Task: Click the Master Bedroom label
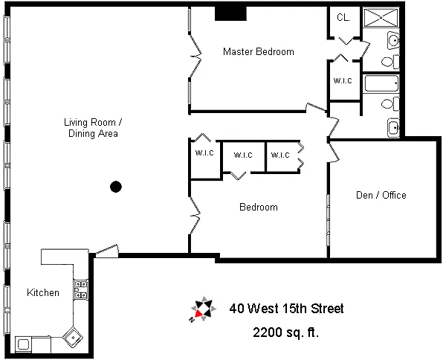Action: pos(258,52)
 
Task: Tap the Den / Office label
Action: pos(381,196)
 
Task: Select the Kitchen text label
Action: pos(43,292)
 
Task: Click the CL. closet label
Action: pos(343,18)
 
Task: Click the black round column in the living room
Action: pos(115,187)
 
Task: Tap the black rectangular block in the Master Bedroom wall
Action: pos(230,14)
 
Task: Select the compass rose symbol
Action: pos(203,309)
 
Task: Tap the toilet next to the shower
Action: pos(388,60)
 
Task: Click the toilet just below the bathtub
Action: pos(387,103)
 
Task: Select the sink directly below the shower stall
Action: pos(392,39)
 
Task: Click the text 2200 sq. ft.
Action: pos(286,332)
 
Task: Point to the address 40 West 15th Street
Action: pos(286,308)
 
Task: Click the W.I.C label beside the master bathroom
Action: pos(343,80)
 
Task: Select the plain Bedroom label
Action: pos(258,208)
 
